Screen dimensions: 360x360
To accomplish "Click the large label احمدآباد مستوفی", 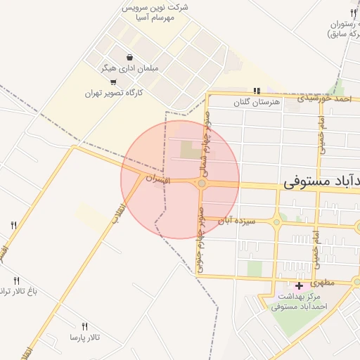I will coord(321,181).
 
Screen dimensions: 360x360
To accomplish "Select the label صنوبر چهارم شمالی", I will coord(208,144).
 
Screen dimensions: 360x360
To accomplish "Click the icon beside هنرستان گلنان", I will coord(257,91).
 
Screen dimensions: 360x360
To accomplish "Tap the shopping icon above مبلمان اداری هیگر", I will coord(129,58).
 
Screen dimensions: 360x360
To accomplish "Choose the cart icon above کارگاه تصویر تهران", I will coord(114,82).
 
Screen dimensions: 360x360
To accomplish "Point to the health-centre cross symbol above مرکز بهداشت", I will coord(300,285).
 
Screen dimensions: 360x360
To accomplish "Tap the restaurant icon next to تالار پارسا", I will coord(85,326).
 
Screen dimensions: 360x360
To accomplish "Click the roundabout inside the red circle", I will coord(202,184).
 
